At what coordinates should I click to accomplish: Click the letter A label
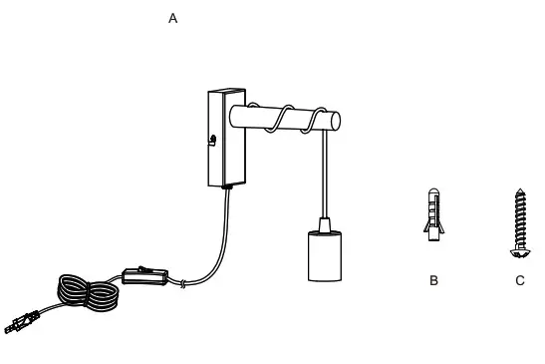coord(173,19)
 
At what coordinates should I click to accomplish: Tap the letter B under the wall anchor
coord(433,280)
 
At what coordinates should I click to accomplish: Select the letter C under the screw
coord(520,280)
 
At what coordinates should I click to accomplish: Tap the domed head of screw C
coord(520,239)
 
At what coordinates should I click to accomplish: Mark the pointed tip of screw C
coord(520,189)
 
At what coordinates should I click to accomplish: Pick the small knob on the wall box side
coord(212,140)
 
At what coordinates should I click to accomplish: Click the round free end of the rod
coord(336,122)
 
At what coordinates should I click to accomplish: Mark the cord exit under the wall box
coord(229,186)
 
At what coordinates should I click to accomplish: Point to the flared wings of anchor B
coord(431,231)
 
